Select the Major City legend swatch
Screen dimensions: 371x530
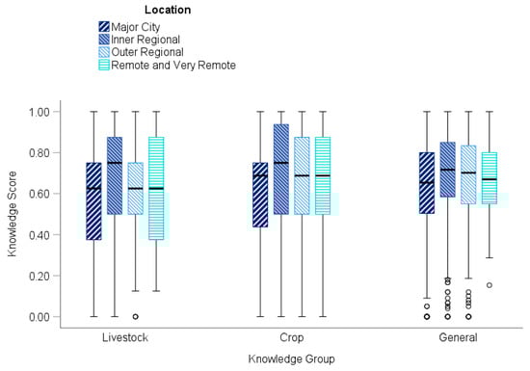pyautogui.click(x=104, y=26)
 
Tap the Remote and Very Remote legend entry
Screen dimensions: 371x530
pyautogui.click(x=172, y=65)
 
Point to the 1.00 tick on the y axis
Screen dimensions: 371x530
pyautogui.click(x=60, y=112)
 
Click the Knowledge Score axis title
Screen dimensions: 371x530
pyautogui.click(x=13, y=214)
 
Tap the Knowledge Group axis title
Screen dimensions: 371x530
pyautogui.click(x=289, y=358)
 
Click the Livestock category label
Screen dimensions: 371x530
pyautogui.click(x=123, y=338)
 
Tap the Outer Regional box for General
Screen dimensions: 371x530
pyautogui.click(x=468, y=174)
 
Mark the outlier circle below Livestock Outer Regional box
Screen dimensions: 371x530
pyautogui.click(x=135, y=316)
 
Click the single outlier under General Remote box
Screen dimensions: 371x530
pyautogui.click(x=490, y=285)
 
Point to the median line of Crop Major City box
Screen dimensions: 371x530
pyautogui.click(x=259, y=175)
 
